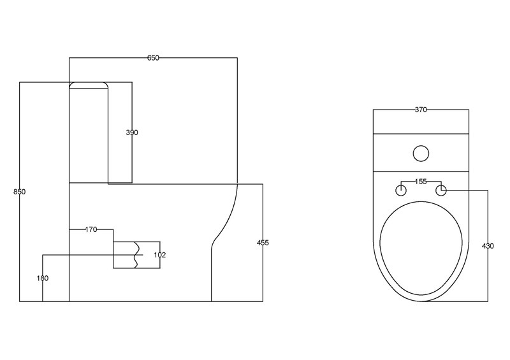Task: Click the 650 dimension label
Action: click(153, 58)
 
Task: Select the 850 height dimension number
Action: click(19, 192)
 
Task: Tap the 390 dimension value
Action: click(132, 133)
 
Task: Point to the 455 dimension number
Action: click(263, 243)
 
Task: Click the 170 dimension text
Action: click(91, 229)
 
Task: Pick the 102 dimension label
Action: click(159, 255)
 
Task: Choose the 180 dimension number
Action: click(43, 278)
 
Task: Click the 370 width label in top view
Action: click(421, 110)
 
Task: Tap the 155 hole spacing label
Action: click(421, 182)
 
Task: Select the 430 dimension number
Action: click(488, 246)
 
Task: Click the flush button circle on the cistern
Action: click(421, 153)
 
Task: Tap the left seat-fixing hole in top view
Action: click(402, 190)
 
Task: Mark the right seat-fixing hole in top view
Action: click(441, 190)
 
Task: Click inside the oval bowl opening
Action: click(421, 248)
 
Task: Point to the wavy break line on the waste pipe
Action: click(136, 255)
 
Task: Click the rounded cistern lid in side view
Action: click(89, 85)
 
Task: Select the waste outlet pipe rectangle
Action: click(125, 255)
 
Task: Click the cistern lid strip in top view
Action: click(421, 122)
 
